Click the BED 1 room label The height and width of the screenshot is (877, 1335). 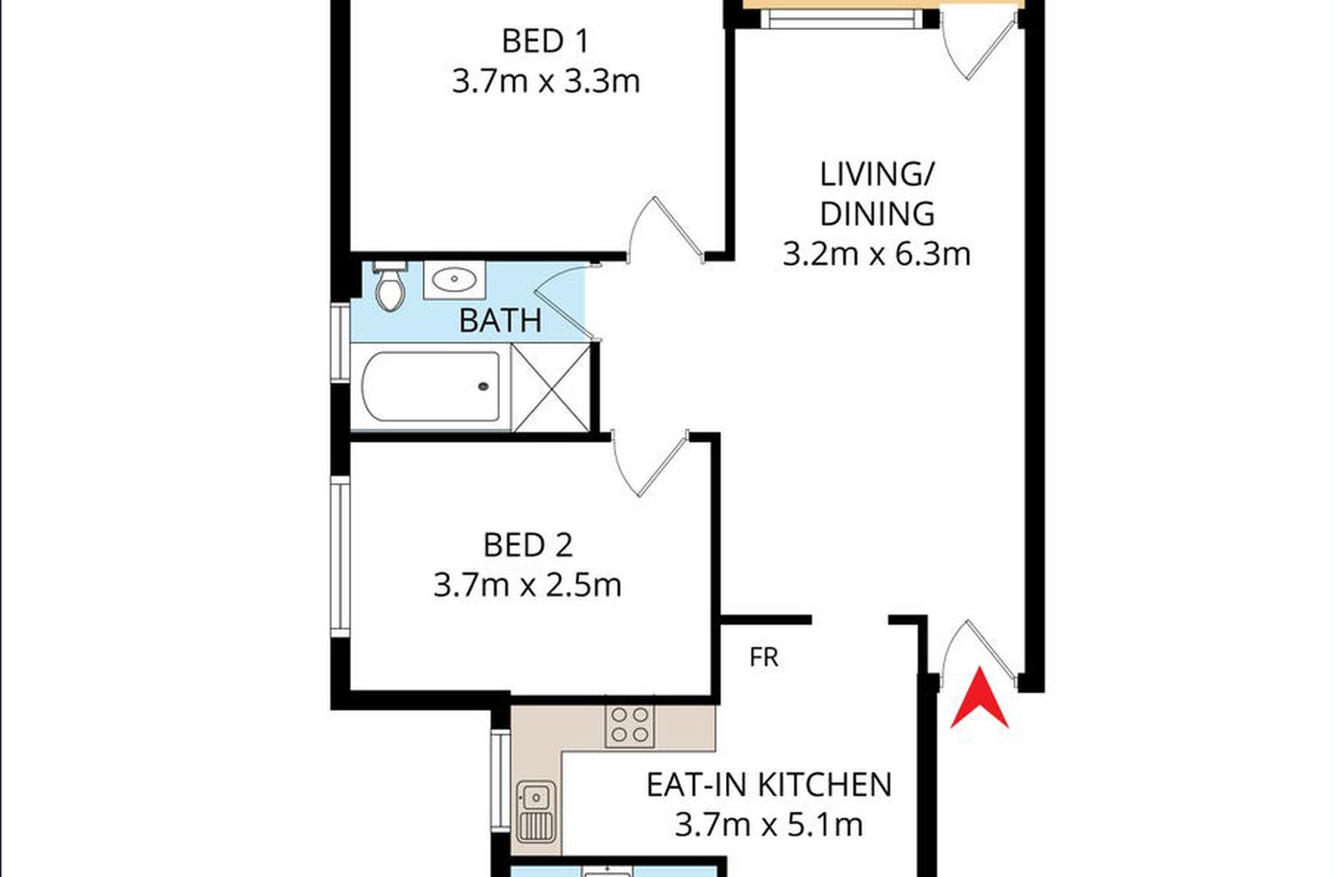545,41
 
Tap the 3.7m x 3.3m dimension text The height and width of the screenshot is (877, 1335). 546,81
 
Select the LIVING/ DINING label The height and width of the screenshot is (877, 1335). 877,194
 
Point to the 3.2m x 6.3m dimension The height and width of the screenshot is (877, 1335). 876,255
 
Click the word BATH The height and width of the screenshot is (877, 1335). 501,321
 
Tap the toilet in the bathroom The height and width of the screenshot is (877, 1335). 390,286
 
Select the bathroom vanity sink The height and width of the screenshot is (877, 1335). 454,279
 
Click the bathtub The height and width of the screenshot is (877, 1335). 431,386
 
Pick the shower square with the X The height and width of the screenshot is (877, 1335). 552,388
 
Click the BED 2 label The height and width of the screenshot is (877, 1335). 528,545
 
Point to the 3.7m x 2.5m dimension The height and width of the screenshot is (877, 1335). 528,585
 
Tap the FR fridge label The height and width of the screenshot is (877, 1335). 764,657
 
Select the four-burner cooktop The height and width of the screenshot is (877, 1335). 630,725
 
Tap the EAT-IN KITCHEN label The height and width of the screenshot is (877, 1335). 769,785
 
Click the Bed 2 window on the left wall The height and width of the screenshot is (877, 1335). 340,556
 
